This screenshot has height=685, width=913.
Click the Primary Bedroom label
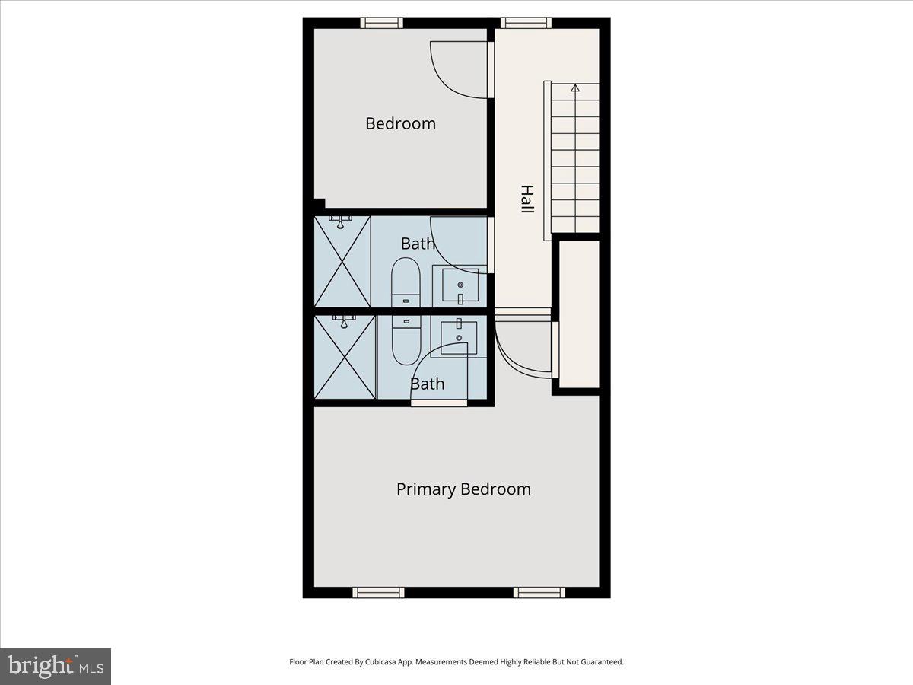point(463,489)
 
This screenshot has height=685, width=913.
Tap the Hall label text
point(526,199)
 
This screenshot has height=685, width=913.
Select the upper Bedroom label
point(400,123)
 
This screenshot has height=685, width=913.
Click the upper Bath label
point(418,244)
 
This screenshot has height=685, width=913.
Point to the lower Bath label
point(427,384)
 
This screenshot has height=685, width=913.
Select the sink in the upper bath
point(460,285)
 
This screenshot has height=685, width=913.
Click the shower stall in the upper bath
point(342,261)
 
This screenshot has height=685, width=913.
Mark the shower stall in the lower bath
point(345,356)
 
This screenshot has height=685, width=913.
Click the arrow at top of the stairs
point(575,88)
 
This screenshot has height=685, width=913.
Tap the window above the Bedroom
point(381,23)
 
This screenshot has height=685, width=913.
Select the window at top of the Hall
point(526,23)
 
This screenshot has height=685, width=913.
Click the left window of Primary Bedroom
point(379,592)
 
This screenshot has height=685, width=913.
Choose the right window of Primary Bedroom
point(539,592)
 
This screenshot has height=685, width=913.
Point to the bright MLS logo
point(56,667)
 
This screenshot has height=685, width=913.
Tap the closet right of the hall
point(580,314)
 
